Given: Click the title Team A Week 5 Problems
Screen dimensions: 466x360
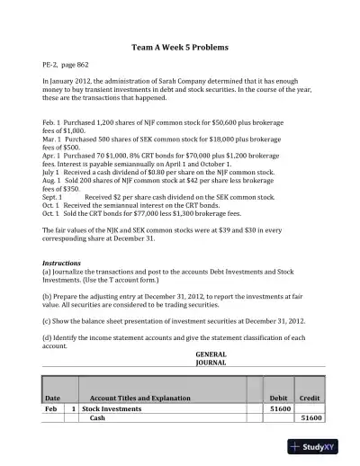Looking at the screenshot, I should coord(180,46).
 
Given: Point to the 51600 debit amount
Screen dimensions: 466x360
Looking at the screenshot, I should coord(279,408).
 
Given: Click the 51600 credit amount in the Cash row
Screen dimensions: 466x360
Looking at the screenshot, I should coord(310,417).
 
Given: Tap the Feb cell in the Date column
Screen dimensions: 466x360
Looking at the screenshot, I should coord(51,408).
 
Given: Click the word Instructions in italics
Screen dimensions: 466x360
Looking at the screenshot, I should coord(62,263).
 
